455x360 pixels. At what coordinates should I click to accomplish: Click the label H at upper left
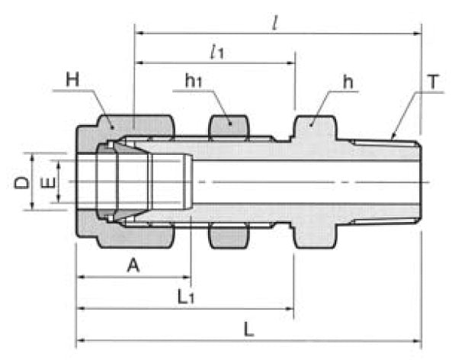(x=73, y=79)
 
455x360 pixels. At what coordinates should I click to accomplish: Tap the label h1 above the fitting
(x=193, y=80)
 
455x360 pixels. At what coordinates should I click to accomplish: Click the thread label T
(x=433, y=80)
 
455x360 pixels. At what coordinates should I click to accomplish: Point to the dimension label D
(x=23, y=182)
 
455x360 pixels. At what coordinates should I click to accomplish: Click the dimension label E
(x=46, y=182)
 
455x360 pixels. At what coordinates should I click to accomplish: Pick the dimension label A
(x=133, y=266)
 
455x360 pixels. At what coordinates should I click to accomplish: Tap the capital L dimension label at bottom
(x=248, y=330)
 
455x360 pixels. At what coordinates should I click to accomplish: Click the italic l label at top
(x=274, y=21)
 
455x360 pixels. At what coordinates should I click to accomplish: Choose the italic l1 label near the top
(x=216, y=52)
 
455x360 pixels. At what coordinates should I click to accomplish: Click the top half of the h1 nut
(x=228, y=127)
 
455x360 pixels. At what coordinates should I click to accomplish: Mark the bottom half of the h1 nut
(x=228, y=236)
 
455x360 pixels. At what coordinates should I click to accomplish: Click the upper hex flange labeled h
(x=314, y=130)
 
